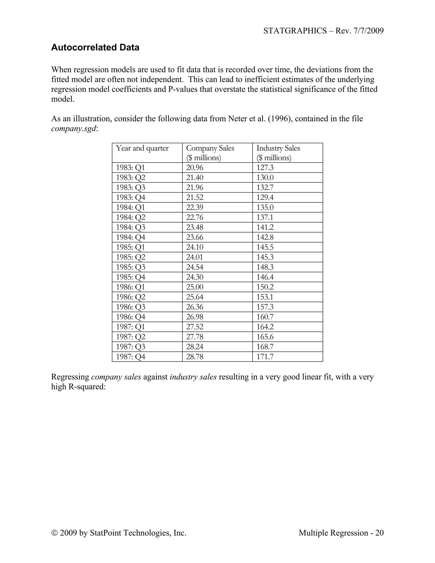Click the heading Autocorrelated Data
[95, 47]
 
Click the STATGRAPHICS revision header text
[323, 31]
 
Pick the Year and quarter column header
[142, 148]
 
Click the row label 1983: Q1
[130, 168]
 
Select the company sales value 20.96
[195, 168]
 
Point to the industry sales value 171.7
[265, 357]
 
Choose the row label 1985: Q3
[130, 267]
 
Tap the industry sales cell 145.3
[265, 257]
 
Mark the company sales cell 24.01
[195, 257]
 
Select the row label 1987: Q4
[130, 357]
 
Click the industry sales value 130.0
[265, 178]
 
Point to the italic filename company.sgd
[74, 129]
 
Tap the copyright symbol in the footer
[55, 533]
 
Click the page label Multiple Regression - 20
[341, 533]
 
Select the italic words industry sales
[193, 377]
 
